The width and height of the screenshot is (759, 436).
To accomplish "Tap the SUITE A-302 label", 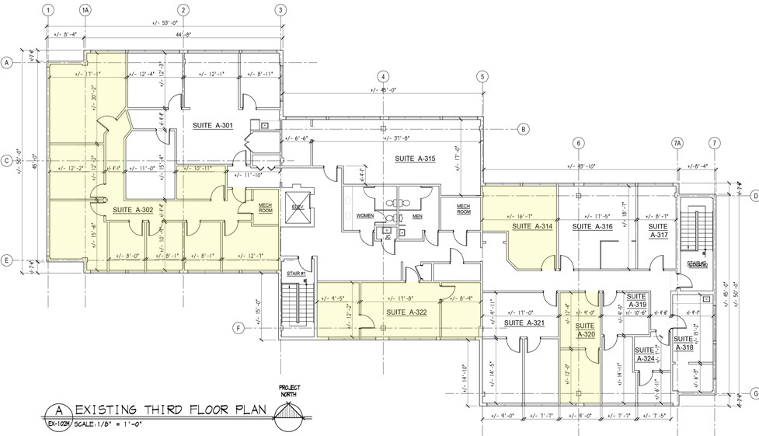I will [x=132, y=210].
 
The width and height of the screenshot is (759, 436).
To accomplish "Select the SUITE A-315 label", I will [x=415, y=159].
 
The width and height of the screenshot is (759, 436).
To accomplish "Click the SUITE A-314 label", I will [x=531, y=227].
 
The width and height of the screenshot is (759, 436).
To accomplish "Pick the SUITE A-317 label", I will [x=658, y=231].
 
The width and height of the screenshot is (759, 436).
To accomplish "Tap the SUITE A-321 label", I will [x=524, y=323].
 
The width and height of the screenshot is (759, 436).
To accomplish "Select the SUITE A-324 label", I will [x=645, y=354].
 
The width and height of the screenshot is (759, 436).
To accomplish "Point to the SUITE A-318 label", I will [x=684, y=344].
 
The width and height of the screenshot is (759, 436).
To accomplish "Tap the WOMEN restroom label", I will [x=365, y=215].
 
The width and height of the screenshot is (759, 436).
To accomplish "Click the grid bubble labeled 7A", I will [x=677, y=143].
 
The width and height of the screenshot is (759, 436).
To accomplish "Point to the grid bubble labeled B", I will [x=523, y=129].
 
